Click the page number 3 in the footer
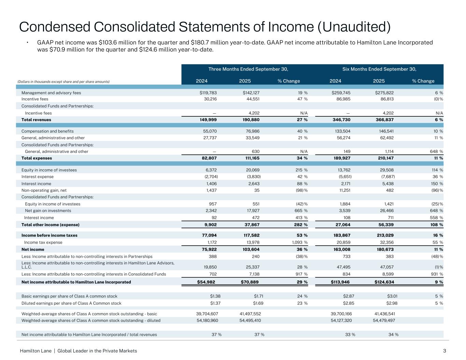[444, 351]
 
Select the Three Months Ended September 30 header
[248, 69]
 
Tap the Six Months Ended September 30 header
[379, 69]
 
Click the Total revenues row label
[36, 120]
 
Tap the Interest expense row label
[38, 177]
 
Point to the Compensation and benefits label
[47, 131]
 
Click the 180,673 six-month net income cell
[384, 249]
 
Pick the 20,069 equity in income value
[254, 170]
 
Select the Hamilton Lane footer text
[36, 351]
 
